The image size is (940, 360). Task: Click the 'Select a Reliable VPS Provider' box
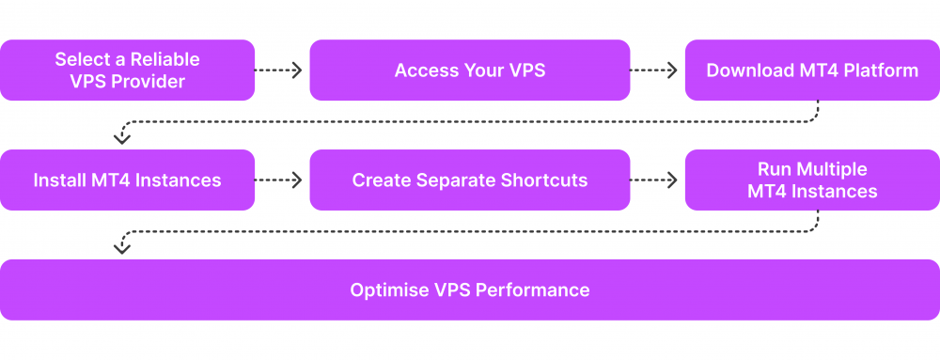click(127, 70)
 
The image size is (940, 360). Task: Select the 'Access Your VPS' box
click(469, 70)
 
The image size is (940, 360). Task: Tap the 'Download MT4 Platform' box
click(811, 70)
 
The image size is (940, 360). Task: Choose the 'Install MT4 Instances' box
click(127, 180)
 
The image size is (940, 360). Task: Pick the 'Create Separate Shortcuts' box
click(469, 180)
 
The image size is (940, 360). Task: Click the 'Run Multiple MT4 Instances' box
click(811, 180)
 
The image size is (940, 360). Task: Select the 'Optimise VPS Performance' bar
click(469, 290)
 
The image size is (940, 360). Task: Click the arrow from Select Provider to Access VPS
click(279, 70)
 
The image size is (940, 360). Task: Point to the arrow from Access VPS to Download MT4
click(654, 70)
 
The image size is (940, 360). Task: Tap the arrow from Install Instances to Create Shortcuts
click(279, 180)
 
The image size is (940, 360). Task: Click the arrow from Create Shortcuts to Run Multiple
click(654, 180)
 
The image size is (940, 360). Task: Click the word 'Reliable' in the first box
click(166, 59)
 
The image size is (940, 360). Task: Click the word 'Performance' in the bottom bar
click(533, 290)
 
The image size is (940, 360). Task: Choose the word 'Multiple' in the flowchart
click(831, 169)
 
